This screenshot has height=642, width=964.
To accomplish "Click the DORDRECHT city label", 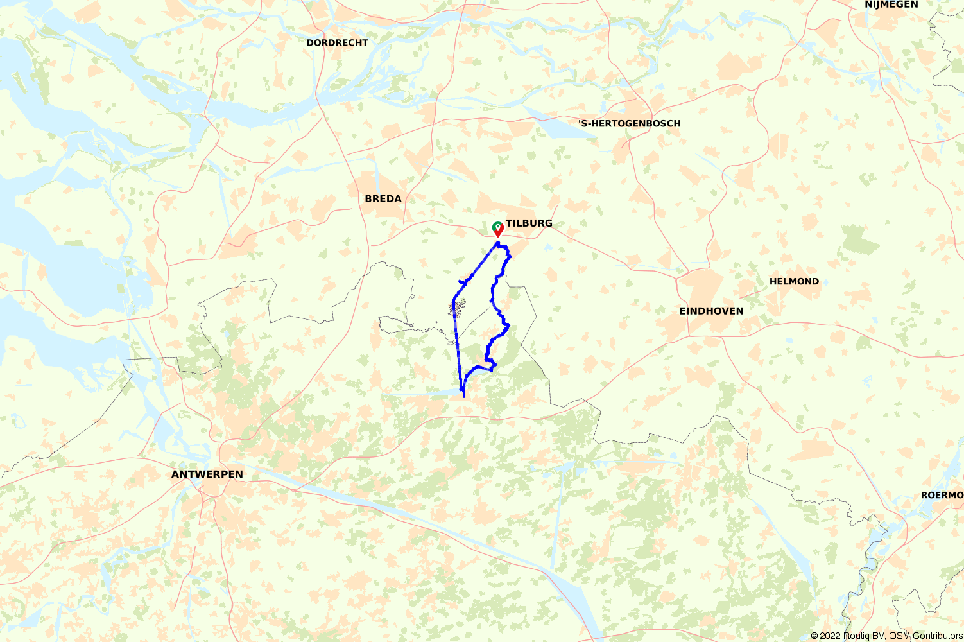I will coord(337,43).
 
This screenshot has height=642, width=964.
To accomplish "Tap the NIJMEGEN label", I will coord(891,5).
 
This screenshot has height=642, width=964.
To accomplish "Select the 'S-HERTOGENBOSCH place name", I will coord(629,123).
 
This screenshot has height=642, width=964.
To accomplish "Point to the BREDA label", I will coord(383,199).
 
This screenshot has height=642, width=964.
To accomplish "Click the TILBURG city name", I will coord(529,223).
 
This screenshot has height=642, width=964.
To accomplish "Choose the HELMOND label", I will coord(794,281).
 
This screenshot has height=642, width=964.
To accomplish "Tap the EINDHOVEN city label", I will coord(711,311).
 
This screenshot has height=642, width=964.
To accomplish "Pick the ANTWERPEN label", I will coord(207,474).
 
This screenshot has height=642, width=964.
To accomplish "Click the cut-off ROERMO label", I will coord(942,495).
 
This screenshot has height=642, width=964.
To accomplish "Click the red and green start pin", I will coord(497,229).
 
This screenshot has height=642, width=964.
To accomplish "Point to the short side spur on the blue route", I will coord(461,282).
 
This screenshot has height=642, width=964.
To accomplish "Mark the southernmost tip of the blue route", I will coord(463,396).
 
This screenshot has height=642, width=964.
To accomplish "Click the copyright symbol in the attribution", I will coord(814,636).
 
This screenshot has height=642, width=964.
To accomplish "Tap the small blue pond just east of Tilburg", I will coord(547,247).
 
